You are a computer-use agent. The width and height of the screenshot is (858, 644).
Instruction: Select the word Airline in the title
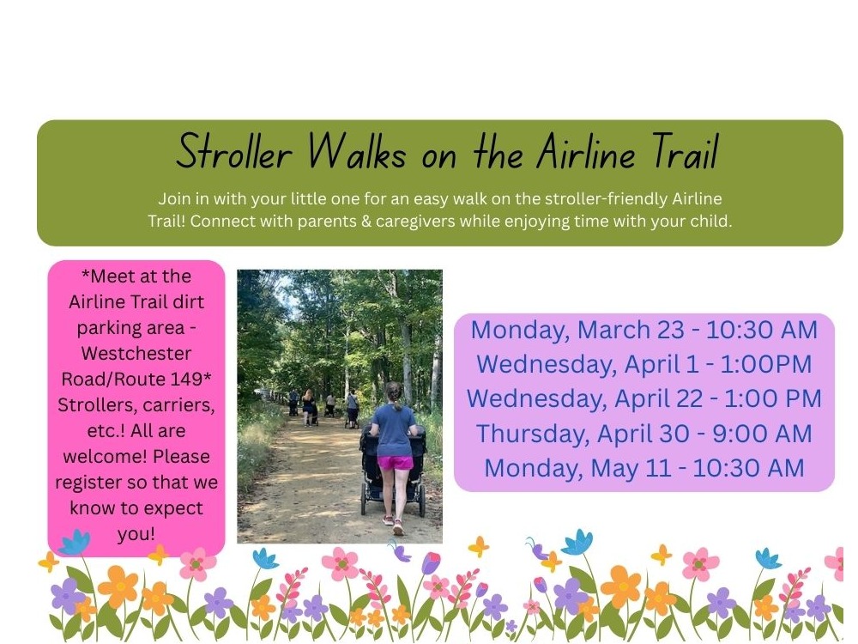point(584,154)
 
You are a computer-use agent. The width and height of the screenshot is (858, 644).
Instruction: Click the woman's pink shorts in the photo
point(395,464)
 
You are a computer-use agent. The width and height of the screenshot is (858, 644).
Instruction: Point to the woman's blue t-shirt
point(394,429)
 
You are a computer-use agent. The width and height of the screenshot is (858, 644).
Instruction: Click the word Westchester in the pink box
point(136,354)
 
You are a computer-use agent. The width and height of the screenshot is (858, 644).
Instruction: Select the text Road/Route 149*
point(136,380)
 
